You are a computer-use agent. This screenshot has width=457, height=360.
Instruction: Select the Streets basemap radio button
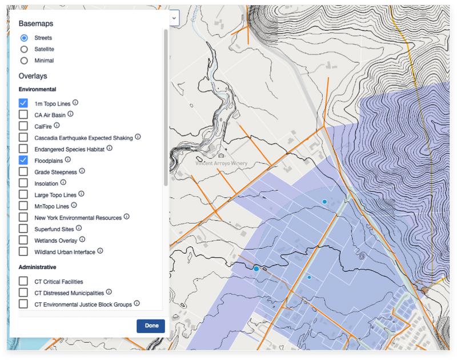(x=24, y=38)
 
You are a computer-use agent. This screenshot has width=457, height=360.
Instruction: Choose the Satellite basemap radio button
(x=24, y=49)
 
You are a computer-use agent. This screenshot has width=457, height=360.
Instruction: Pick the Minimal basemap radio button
(x=24, y=61)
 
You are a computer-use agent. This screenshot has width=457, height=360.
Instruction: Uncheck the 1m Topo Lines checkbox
(x=23, y=103)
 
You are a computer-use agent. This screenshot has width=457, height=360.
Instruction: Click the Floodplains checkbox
(x=23, y=160)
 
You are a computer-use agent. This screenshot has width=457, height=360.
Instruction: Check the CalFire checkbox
(x=23, y=126)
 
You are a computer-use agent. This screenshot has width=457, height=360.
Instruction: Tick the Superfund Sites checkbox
(x=23, y=229)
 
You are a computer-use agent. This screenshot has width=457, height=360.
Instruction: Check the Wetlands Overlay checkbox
(x=23, y=240)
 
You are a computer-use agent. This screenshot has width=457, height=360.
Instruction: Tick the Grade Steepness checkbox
(x=23, y=171)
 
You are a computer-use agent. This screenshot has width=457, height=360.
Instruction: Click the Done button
(x=151, y=326)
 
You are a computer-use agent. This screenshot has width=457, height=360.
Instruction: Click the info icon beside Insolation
(x=63, y=182)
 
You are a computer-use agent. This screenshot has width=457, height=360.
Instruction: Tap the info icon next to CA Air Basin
(x=71, y=114)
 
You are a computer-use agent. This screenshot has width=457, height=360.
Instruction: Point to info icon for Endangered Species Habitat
(x=109, y=148)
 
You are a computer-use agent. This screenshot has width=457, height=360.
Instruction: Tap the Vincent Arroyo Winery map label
(x=221, y=163)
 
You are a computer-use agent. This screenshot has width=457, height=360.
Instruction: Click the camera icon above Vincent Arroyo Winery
(x=221, y=155)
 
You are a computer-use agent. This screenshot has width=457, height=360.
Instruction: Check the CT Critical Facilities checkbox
(x=23, y=281)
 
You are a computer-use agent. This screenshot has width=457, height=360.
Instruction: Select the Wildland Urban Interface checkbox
(x=23, y=251)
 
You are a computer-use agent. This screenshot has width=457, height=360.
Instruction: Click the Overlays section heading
(x=33, y=75)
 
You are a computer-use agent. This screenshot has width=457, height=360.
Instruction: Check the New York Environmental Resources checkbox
(x=23, y=217)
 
